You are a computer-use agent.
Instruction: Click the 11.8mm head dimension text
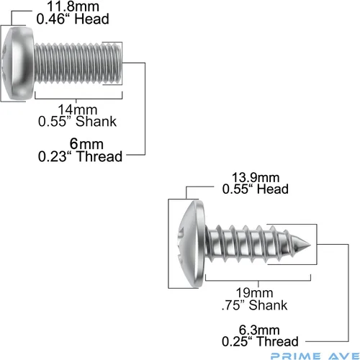(73, 6)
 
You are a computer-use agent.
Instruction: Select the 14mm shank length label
(78, 109)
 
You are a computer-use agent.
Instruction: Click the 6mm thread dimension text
(86, 144)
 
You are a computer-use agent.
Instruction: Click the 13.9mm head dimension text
(256, 178)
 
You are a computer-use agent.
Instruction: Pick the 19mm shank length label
(254, 293)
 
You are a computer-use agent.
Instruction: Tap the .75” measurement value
(233, 305)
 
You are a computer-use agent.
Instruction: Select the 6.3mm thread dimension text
(259, 330)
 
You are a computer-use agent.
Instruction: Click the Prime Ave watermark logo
(315, 356)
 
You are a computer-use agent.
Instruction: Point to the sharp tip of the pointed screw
(310, 245)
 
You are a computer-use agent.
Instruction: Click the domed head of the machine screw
(18, 63)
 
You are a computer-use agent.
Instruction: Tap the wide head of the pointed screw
(192, 244)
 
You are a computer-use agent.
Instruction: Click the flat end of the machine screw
(120, 63)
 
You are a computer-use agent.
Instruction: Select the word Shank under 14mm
(96, 122)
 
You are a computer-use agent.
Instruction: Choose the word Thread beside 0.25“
(277, 341)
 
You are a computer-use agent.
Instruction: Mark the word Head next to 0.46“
(91, 19)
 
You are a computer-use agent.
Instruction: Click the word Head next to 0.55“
(273, 189)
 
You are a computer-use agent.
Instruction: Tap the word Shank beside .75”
(268, 305)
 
